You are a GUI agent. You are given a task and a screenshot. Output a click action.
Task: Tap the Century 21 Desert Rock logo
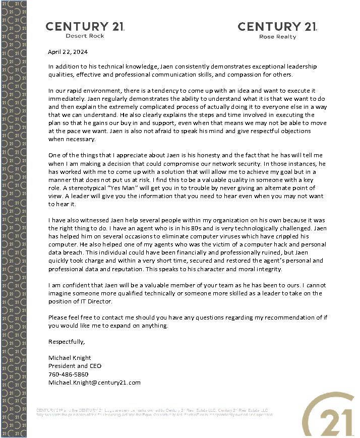(85, 29)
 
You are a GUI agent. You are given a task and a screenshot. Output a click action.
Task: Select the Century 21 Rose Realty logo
(277, 30)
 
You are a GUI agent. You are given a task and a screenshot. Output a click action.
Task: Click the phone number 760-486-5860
(68, 374)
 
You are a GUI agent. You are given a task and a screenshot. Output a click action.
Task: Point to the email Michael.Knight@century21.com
(94, 383)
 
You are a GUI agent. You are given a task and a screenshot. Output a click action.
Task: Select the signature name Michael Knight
(69, 358)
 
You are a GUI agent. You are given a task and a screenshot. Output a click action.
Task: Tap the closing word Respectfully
(67, 342)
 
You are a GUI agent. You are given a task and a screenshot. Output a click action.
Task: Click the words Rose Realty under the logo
(277, 37)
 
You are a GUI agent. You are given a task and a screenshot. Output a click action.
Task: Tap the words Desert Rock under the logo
(85, 36)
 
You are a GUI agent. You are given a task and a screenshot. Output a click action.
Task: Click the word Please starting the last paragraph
(58, 318)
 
